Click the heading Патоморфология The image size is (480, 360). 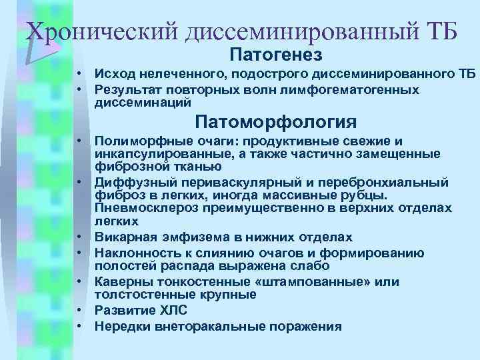pos(275,123)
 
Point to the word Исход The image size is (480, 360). pos(114,73)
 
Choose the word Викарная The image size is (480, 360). pos(120,237)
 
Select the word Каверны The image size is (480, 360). pos(118,281)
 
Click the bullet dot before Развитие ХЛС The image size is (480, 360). pos(79,310)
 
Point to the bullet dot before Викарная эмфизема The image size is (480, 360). pos(79,237)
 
